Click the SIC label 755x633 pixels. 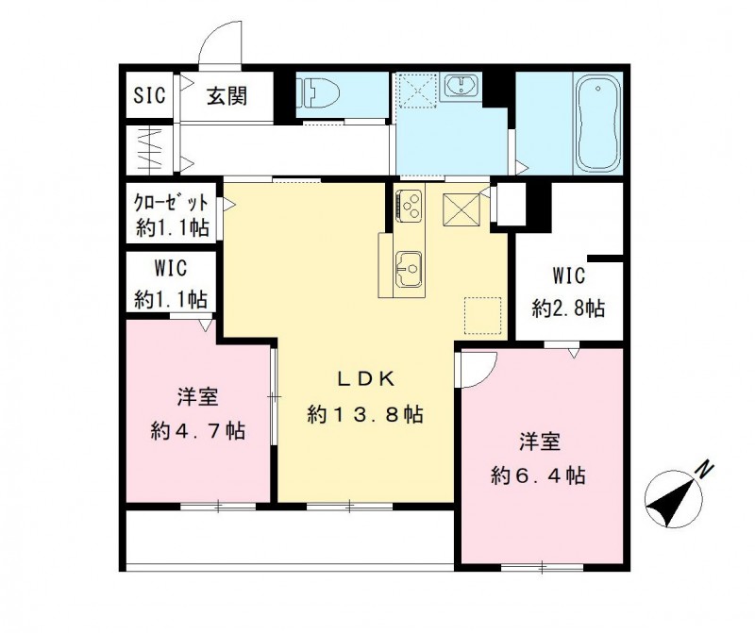[149, 96]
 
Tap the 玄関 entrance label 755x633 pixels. [226, 96]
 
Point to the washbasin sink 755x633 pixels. [461, 87]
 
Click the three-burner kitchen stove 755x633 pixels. [411, 205]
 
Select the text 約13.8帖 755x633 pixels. [364, 414]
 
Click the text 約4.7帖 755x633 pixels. [198, 430]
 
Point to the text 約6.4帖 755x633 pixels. [538, 475]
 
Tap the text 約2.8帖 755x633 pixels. [568, 308]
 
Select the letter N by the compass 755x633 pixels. [704, 468]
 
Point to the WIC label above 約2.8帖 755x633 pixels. [568, 276]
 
